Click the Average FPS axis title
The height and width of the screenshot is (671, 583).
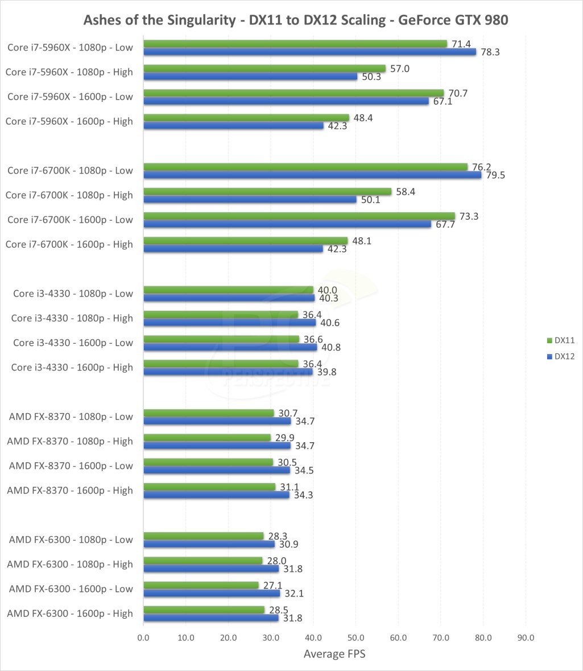tap(334, 654)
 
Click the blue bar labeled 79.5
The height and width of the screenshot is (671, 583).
tap(312, 175)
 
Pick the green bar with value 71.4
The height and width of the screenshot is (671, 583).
tap(295, 44)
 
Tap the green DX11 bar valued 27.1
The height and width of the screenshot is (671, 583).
tap(201, 585)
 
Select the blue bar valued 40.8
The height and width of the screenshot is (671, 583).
tap(230, 347)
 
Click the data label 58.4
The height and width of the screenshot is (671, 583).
tap(405, 192)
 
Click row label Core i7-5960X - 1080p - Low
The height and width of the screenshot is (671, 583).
tap(70, 47)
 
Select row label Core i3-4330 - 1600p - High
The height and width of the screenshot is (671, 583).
tap(72, 367)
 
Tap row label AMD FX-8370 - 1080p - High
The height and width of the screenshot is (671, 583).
tap(70, 441)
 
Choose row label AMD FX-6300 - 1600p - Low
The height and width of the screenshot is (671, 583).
tap(71, 588)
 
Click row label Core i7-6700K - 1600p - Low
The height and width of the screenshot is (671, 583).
tap(70, 220)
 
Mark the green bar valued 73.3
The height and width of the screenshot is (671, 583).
tap(299, 216)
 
